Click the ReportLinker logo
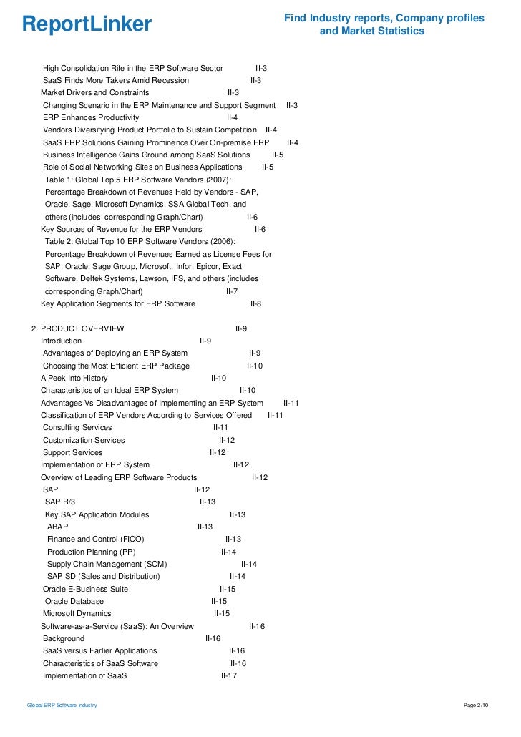pos(87,24)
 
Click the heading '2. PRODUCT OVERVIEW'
pos(77,328)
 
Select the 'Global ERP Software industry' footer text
pos(62,706)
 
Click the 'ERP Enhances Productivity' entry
pos(91,117)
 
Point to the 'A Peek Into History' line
pos(74,378)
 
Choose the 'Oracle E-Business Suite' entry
pos(85,589)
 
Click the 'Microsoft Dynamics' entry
pos(77,613)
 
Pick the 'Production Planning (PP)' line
pos(91,552)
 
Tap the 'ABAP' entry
pos(57,527)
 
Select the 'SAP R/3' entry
pos(59,502)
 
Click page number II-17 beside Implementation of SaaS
pos(229,675)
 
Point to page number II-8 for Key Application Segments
pos(255,303)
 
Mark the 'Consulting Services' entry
pos(77,427)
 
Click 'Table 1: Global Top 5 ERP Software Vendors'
pos(138,180)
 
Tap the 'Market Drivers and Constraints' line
pos(94,92)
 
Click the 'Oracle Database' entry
pos(74,601)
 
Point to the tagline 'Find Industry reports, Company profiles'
pos(384,18)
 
